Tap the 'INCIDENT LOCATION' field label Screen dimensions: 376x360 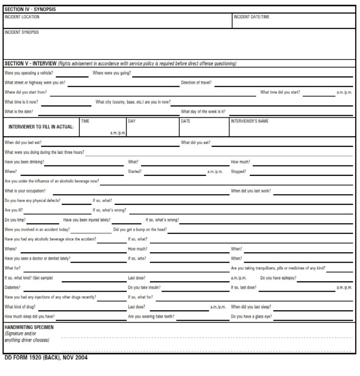pyautogui.click(x=22, y=17)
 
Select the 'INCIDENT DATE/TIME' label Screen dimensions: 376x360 pyautogui.click(x=251, y=17)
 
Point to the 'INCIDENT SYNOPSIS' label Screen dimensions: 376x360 pyautogui.click(x=22, y=32)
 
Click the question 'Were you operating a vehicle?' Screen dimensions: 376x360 pyautogui.click(x=29, y=73)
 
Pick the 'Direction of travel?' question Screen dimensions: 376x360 pyautogui.click(x=196, y=83)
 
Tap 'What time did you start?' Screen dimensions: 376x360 pyautogui.click(x=280, y=92)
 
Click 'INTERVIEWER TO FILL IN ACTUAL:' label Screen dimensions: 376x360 pyautogui.click(x=41, y=127)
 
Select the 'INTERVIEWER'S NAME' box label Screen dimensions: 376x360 pyautogui.click(x=249, y=121)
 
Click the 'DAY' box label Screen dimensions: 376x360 pyautogui.click(x=132, y=121)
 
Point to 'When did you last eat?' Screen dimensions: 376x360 pyautogui.click(x=26, y=142)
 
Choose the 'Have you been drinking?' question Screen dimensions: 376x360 pyautogui.click(x=24, y=162)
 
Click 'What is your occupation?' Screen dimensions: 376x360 pyautogui.click(x=25, y=191)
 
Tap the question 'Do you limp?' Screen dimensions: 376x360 pyautogui.click(x=15, y=220)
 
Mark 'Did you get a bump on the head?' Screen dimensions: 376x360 pyautogui.click(x=140, y=230)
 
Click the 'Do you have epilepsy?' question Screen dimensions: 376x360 pyautogui.click(x=278, y=278)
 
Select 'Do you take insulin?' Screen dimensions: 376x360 pyautogui.click(x=144, y=287)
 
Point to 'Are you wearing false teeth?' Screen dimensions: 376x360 pyautogui.click(x=151, y=316)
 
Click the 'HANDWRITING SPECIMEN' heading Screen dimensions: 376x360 pyautogui.click(x=29, y=327)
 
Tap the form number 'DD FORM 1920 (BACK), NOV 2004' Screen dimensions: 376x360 pyautogui.click(x=45, y=358)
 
